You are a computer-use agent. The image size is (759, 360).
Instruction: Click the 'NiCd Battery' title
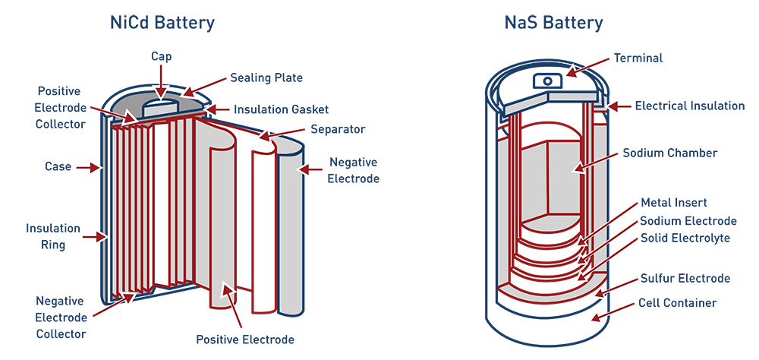coord(162,22)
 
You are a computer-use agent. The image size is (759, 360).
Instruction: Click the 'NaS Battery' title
coord(553,22)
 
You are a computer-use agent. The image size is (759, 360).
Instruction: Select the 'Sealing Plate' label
coord(266,77)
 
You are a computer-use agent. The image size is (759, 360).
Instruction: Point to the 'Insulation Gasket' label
coord(281,109)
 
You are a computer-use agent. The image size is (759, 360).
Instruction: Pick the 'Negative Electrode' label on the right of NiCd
coord(353,170)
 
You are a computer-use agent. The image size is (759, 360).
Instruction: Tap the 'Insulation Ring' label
coord(52,236)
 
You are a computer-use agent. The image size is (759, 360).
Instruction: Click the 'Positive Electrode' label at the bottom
coord(244,339)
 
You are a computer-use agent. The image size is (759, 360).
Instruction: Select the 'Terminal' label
coord(638,58)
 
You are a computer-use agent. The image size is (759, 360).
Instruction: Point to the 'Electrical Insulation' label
coord(689,106)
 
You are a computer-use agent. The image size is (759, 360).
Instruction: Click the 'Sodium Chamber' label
coord(669,153)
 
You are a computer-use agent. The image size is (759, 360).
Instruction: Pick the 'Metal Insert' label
coord(674,203)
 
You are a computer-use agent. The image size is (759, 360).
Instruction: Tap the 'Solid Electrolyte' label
coord(685,238)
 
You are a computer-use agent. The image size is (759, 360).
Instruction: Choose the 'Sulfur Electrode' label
coord(685,278)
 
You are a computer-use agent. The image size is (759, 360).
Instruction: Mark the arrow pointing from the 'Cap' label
coord(161,81)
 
